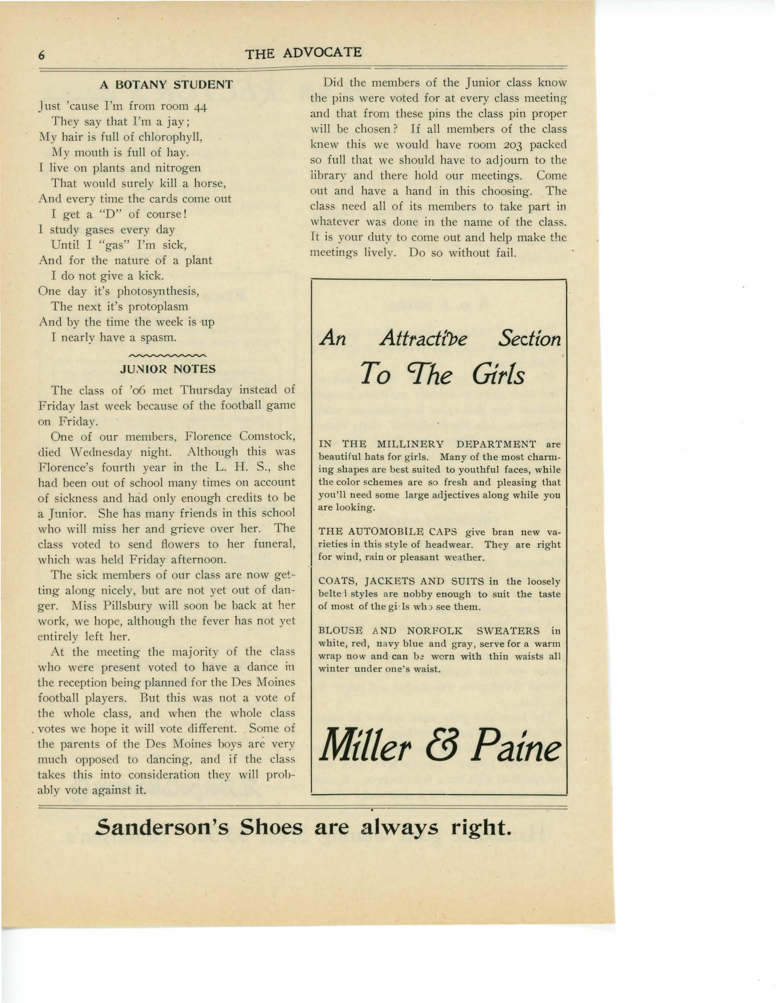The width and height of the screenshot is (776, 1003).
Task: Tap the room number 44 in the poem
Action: point(199,107)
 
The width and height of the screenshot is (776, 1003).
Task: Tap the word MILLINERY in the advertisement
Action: point(410,445)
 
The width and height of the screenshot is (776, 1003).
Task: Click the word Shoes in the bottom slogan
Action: point(272,840)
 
